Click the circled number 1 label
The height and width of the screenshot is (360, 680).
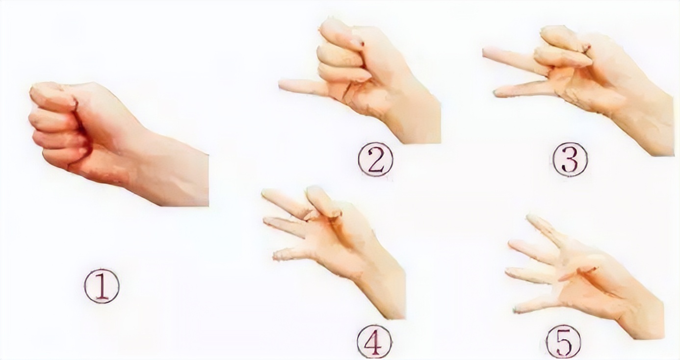pos(102,286)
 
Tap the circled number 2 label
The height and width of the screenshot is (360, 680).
pos(375,159)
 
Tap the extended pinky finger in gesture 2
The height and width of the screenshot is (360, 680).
pos(304,86)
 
